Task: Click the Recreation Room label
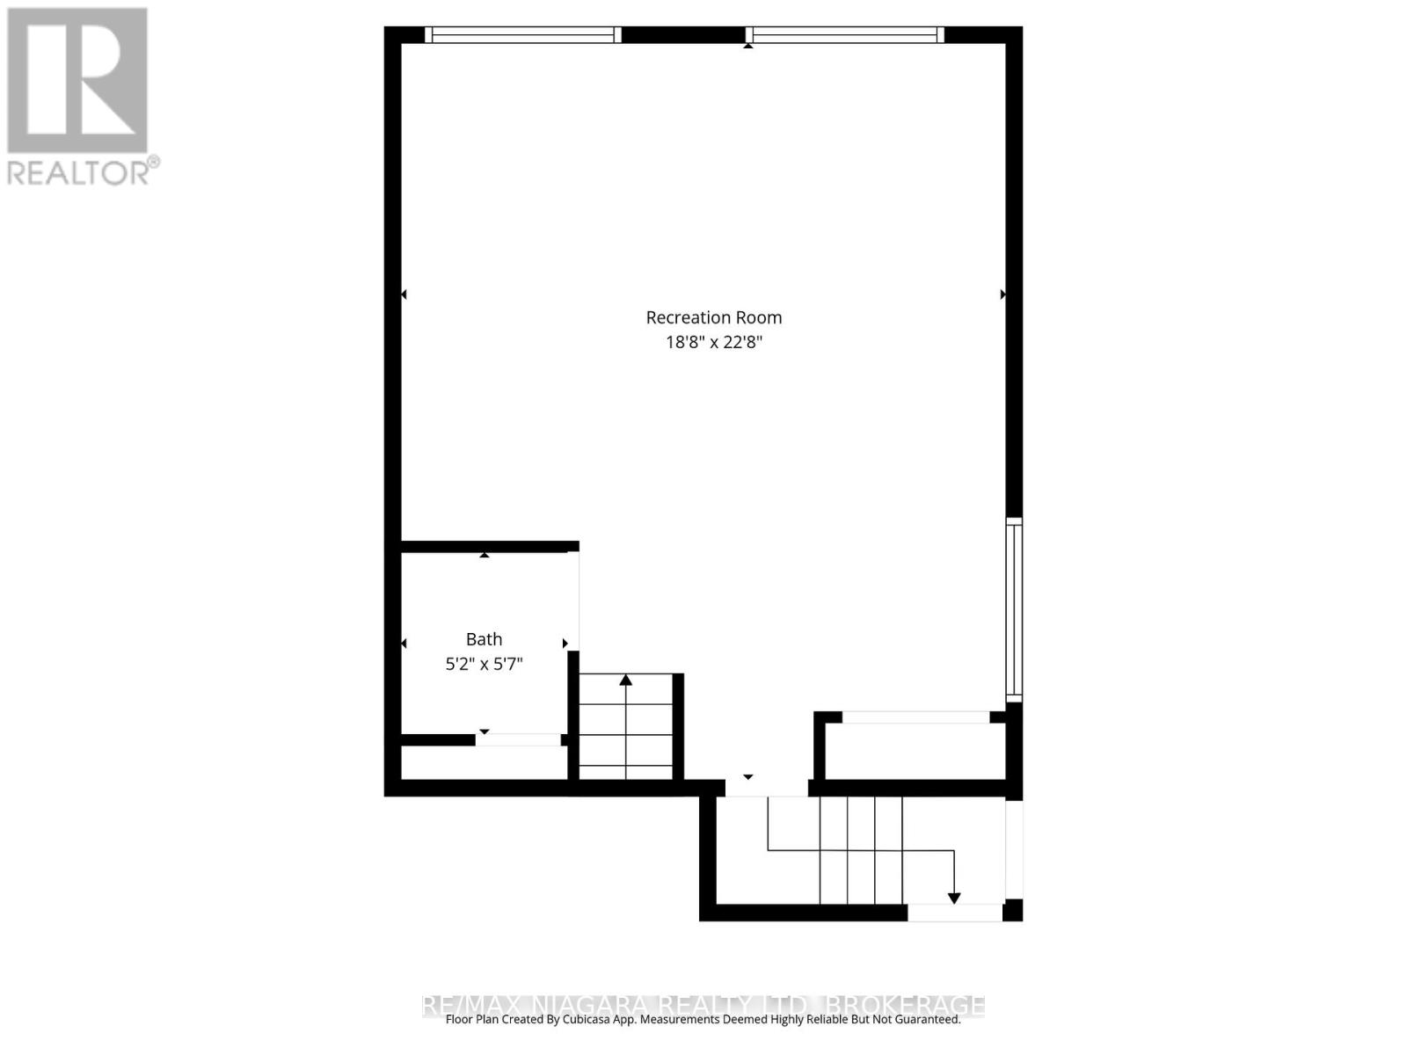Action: pyautogui.click(x=713, y=317)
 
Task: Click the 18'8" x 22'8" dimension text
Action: pyautogui.click(x=713, y=342)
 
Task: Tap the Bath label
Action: pyautogui.click(x=484, y=639)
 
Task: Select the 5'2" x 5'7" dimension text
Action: pyautogui.click(x=484, y=664)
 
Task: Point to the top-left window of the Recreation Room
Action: pyautogui.click(x=523, y=35)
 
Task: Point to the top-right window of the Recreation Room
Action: pyautogui.click(x=845, y=35)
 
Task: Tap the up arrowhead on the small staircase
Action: pyautogui.click(x=625, y=680)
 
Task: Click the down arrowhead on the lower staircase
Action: pyautogui.click(x=954, y=898)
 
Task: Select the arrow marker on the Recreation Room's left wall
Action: pyautogui.click(x=404, y=295)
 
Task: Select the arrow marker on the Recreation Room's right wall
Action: pyautogui.click(x=1003, y=295)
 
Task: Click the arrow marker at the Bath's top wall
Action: pyautogui.click(x=484, y=555)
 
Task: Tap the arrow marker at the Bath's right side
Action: pyautogui.click(x=565, y=644)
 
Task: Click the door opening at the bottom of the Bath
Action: pyautogui.click(x=519, y=740)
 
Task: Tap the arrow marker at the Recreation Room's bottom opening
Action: pyautogui.click(x=747, y=777)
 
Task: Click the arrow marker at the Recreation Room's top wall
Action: pyautogui.click(x=747, y=46)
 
